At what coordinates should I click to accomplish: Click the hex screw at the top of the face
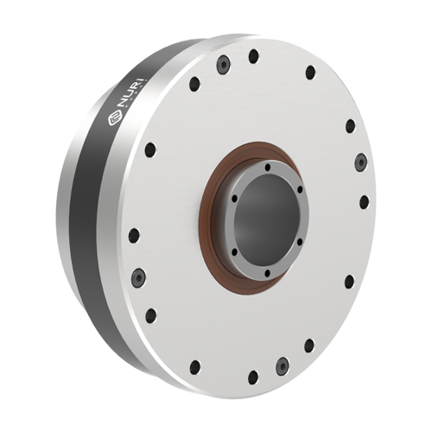click(x=224, y=64)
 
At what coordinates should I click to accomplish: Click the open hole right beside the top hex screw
click(x=253, y=57)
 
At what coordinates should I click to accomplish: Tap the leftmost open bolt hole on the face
click(x=132, y=233)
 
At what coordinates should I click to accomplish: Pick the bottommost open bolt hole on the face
click(x=252, y=377)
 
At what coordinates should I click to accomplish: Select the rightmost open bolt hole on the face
click(x=364, y=201)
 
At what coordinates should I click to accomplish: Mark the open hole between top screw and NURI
click(x=195, y=84)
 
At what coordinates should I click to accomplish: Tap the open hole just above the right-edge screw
click(x=350, y=126)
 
